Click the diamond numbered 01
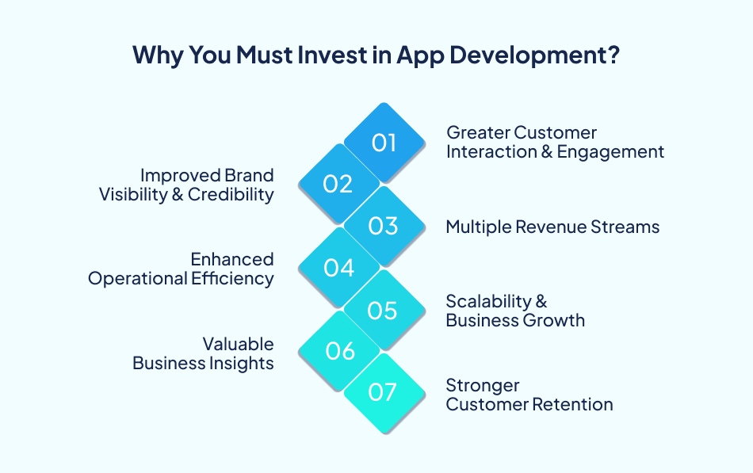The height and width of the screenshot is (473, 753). pyautogui.click(x=384, y=143)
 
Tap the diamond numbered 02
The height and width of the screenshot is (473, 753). pyautogui.click(x=338, y=184)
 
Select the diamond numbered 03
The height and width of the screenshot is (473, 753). pyautogui.click(x=384, y=226)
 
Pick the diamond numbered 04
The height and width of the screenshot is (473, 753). pyautogui.click(x=338, y=268)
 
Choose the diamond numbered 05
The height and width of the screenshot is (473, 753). pyautogui.click(x=384, y=310)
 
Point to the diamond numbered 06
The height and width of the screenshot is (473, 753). pyautogui.click(x=338, y=351)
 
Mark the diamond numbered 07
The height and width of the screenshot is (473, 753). pyautogui.click(x=384, y=392)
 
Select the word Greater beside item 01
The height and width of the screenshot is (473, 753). pyautogui.click(x=478, y=132)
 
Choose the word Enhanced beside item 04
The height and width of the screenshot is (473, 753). pyautogui.click(x=232, y=259)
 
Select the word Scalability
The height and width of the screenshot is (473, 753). pyautogui.click(x=488, y=301)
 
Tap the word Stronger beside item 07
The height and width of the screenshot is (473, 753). pyautogui.click(x=483, y=385)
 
